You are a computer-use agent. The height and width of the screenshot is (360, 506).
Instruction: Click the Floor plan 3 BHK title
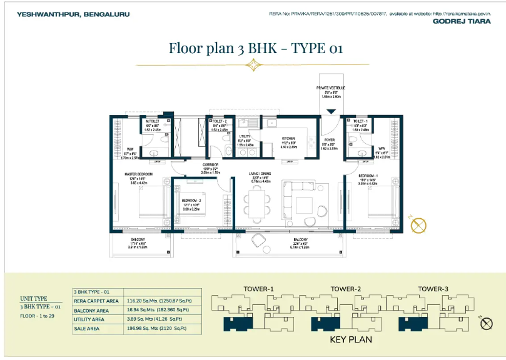(256, 48)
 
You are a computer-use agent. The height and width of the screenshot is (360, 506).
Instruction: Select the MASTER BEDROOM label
(139, 174)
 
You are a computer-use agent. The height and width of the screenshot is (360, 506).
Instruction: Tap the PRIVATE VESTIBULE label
(331, 88)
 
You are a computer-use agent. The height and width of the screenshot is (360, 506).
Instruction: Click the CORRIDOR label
(210, 164)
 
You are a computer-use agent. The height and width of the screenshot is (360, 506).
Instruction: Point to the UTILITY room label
(245, 136)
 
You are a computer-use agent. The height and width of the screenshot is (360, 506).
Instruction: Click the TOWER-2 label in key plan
(343, 288)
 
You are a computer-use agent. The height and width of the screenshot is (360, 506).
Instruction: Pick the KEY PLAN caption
(350, 340)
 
